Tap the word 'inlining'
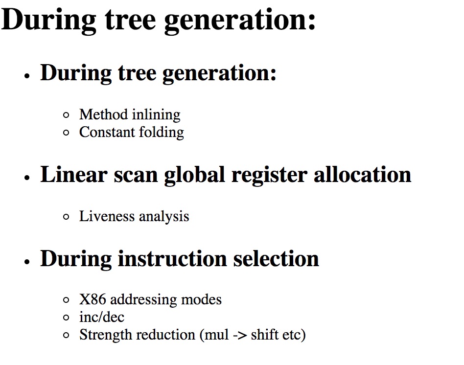click(156, 115)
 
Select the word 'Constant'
click(107, 132)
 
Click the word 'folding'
click(162, 133)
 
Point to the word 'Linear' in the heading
click(74, 175)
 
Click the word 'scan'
click(136, 177)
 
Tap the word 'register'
click(269, 177)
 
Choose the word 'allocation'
click(363, 175)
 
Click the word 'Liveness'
click(107, 216)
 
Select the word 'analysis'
click(164, 217)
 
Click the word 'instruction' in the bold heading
click(172, 259)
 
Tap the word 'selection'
click(276, 259)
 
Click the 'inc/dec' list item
click(101, 317)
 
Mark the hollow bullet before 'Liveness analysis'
click(66, 217)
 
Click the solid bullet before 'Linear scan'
click(27, 178)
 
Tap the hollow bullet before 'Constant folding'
click(66, 133)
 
